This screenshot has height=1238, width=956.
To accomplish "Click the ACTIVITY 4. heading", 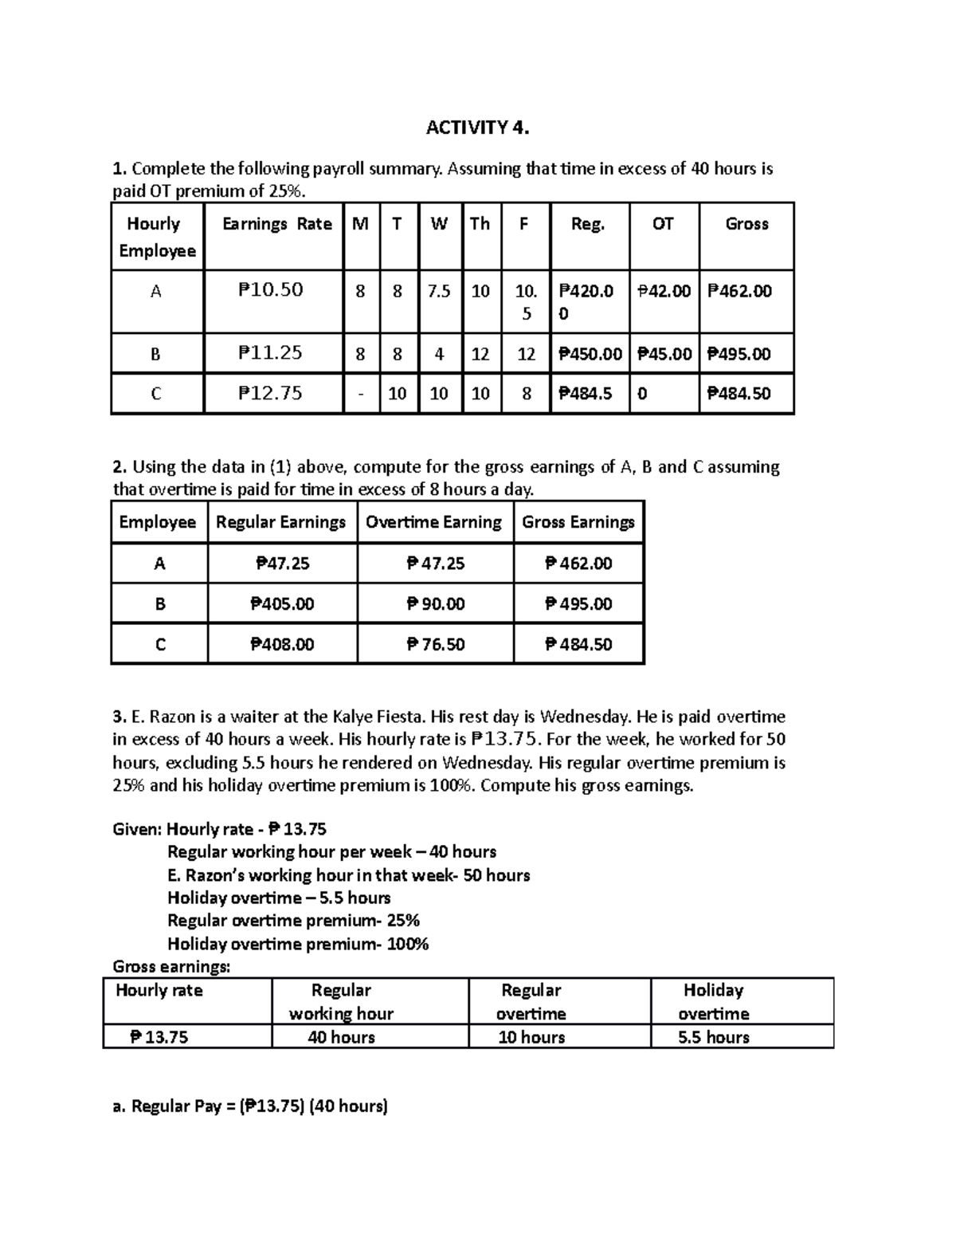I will coord(477,128).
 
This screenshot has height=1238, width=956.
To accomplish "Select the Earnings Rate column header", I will coord(276,224).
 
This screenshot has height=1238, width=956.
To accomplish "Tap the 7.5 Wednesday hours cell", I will coord(439,291).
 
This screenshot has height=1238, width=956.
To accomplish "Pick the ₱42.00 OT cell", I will coord(664,291).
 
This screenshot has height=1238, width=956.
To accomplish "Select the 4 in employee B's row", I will coord(439,354).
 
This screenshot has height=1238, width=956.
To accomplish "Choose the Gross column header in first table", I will coord(746,224).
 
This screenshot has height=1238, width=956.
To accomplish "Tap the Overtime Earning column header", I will coord(433,522).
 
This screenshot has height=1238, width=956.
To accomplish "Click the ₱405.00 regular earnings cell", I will coord(282,604).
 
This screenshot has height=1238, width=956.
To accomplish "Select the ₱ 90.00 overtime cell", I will coord(435,604).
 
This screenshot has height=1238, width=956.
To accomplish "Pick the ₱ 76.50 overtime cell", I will coord(435,644).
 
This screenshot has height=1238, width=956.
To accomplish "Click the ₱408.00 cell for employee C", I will coord(282,644).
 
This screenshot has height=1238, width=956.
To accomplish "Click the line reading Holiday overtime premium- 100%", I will coord(298,944).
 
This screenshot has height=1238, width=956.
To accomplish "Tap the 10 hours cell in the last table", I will coord(531,1037).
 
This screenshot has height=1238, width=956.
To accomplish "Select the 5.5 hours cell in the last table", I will coord(713,1037).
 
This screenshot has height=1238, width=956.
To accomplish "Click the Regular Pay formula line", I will coord(250,1106).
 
